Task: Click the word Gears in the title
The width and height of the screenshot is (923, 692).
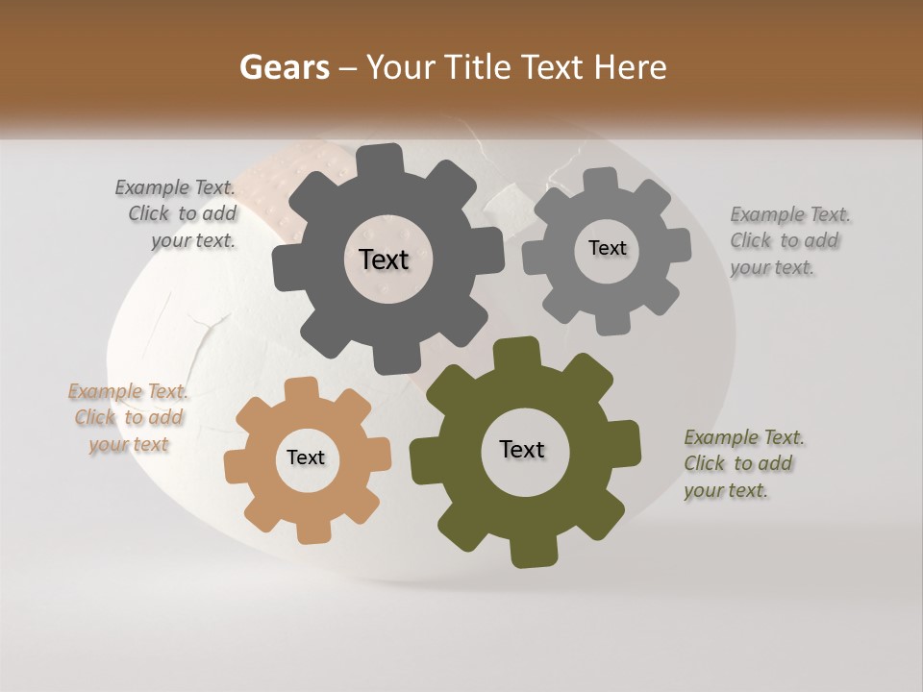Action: (x=284, y=67)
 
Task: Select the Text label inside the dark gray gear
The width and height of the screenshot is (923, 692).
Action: (x=385, y=259)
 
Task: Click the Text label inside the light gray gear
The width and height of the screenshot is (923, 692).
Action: (x=607, y=248)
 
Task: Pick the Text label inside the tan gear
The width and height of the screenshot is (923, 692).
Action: (x=306, y=457)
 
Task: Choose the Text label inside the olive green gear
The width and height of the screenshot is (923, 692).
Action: (x=522, y=449)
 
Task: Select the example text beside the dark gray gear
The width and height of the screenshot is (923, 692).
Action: (x=176, y=214)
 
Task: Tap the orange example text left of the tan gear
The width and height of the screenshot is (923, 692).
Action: (x=128, y=417)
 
